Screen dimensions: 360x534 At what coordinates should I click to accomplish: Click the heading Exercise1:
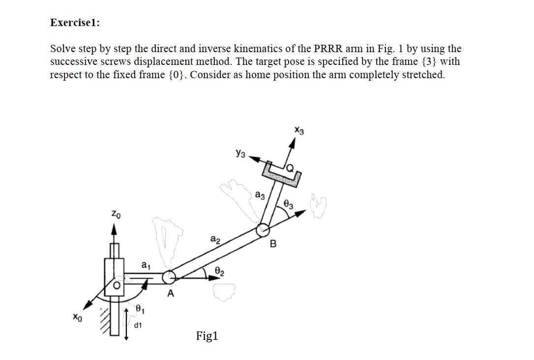point(75,23)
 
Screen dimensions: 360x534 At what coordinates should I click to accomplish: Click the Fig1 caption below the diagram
point(207,336)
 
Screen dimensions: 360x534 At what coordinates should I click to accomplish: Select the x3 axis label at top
point(299,131)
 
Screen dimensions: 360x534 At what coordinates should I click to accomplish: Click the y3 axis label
point(239,154)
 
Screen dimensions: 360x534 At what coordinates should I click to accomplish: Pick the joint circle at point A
point(170,277)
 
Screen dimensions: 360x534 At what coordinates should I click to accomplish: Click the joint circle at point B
point(263,229)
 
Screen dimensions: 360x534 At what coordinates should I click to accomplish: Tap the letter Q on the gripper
point(291,169)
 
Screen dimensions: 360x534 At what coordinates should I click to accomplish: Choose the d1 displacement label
point(138,326)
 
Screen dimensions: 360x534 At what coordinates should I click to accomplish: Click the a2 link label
point(215,240)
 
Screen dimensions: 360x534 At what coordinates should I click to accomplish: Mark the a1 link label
point(146,266)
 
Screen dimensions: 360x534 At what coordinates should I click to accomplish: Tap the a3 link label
point(260,195)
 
